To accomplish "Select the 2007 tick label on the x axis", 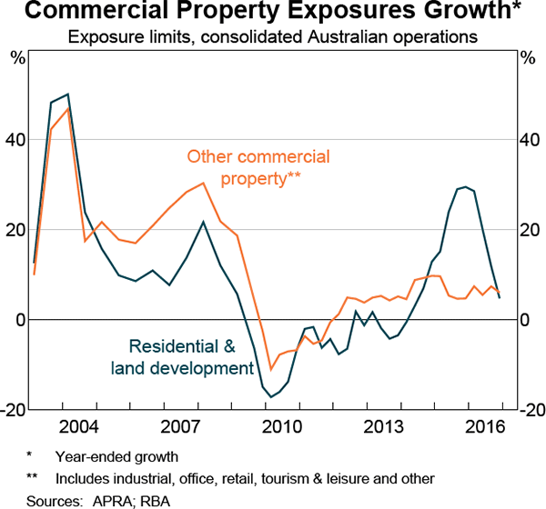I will pyautogui.click(x=180, y=428).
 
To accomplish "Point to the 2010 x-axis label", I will pyautogui.click(x=282, y=428).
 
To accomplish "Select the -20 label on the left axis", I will pyautogui.click(x=16, y=410).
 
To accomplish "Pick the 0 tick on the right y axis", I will pyautogui.click(x=525, y=320).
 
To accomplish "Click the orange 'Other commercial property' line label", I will pyautogui.click(x=258, y=167).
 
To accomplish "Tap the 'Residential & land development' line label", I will pyautogui.click(x=181, y=357).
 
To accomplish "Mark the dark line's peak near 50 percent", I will pyautogui.click(x=67, y=94).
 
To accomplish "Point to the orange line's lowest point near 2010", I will pyautogui.click(x=270, y=369).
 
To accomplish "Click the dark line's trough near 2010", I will pyautogui.click(x=270, y=397).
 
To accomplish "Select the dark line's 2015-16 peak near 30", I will pyautogui.click(x=466, y=186).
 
